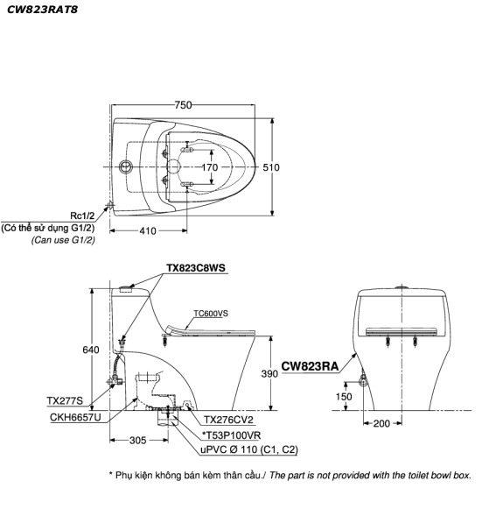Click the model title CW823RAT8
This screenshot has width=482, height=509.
tap(42, 10)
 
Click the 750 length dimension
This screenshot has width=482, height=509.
tap(183, 105)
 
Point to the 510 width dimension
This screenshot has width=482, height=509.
tap(271, 167)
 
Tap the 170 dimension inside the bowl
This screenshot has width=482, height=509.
tap(210, 167)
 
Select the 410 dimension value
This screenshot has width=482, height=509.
tap(148, 230)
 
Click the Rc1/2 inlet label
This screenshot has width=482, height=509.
tap(82, 216)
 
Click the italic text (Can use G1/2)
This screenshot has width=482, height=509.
tap(63, 240)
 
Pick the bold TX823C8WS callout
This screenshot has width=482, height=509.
tap(196, 268)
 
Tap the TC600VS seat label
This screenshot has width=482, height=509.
tap(211, 314)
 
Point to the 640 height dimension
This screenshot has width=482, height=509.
tap(91, 350)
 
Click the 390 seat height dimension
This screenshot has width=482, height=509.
tap(269, 373)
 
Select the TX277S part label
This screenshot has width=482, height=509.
tap(65, 401)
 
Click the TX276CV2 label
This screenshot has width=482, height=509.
tap(228, 420)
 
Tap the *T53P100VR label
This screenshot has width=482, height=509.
tap(231, 435)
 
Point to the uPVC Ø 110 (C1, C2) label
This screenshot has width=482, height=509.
tap(249, 449)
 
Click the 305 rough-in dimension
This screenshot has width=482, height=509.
tap(138, 440)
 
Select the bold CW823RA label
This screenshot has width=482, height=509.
tap(310, 366)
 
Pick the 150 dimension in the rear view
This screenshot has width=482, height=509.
tap(344, 397)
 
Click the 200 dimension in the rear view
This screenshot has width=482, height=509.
tap(381, 423)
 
